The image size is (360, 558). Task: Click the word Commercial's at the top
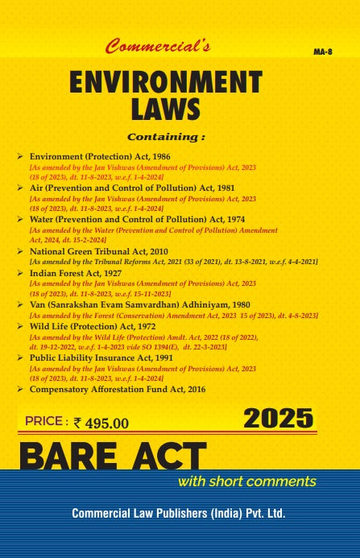point(158,49)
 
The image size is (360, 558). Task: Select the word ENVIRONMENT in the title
point(165,83)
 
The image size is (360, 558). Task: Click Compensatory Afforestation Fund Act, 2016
point(118,389)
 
